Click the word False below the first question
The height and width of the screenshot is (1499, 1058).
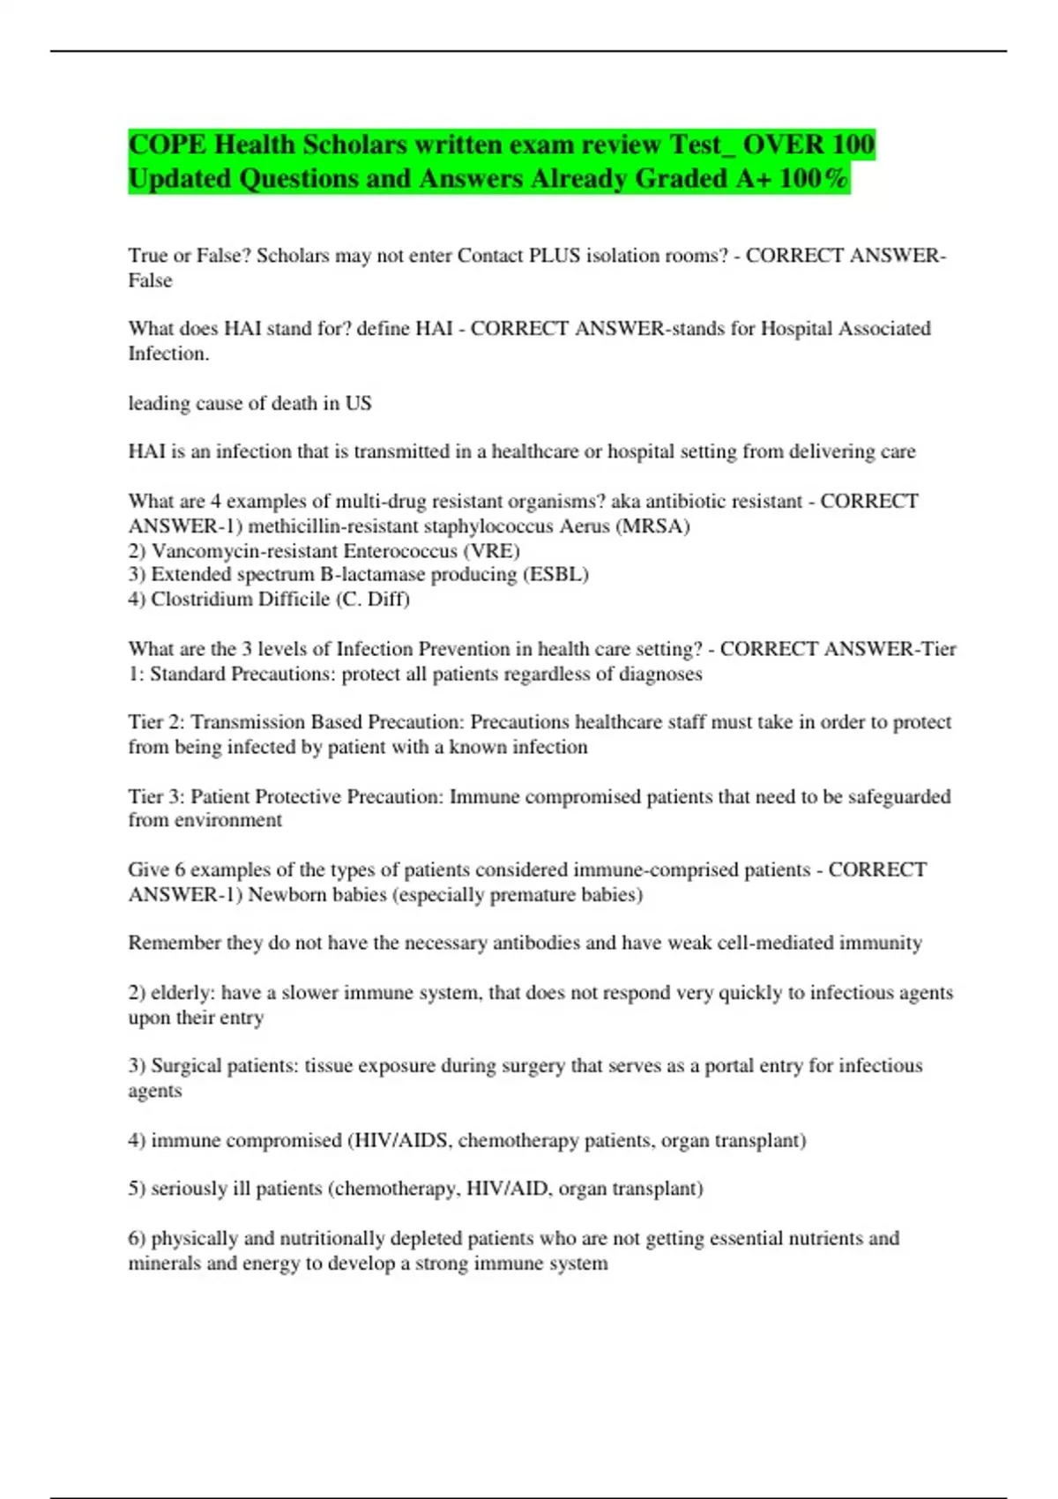tap(150, 280)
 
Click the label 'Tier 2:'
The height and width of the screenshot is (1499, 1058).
tap(156, 722)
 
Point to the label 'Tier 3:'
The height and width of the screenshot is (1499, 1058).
tap(156, 797)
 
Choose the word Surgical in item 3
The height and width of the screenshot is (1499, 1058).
tap(187, 1066)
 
